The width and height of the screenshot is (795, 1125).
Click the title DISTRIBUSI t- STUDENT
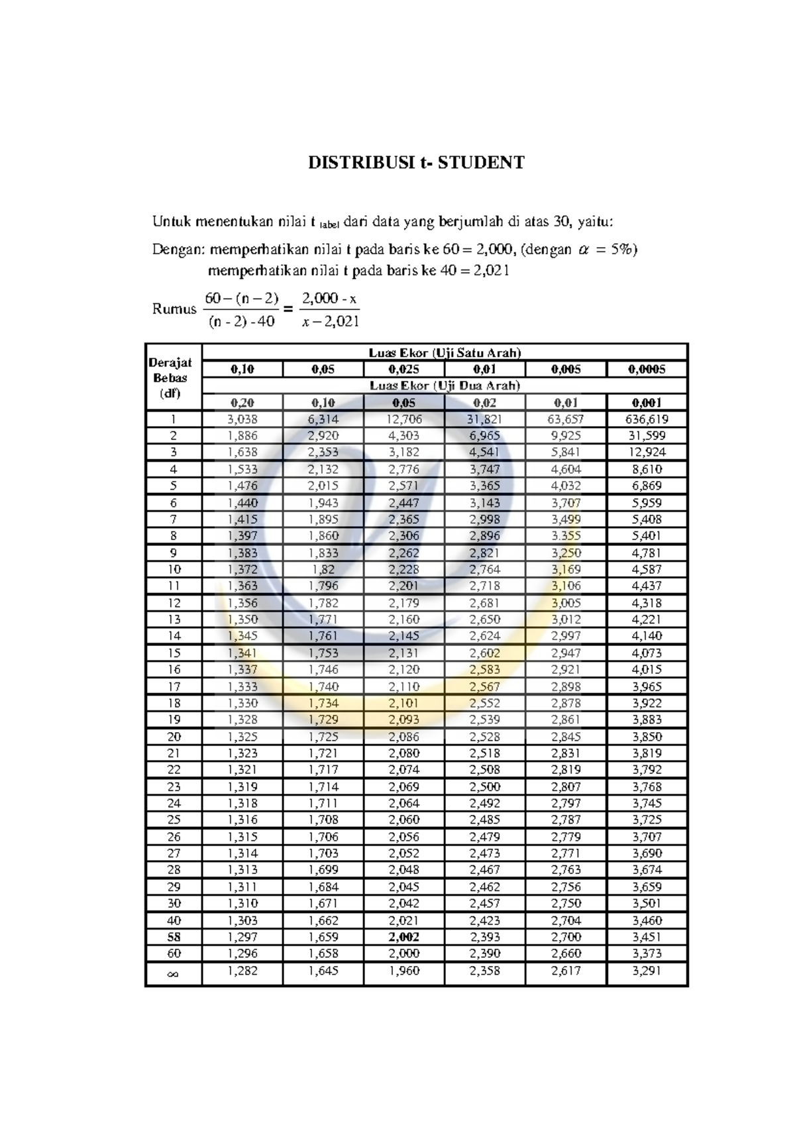click(416, 162)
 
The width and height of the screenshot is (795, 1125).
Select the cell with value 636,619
click(647, 419)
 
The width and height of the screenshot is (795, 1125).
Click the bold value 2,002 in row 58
click(403, 937)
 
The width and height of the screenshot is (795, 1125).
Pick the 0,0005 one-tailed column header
click(647, 369)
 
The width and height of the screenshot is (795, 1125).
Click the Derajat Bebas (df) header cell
click(170, 378)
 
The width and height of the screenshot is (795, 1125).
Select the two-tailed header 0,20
click(242, 402)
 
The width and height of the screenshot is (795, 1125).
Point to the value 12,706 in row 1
click(403, 419)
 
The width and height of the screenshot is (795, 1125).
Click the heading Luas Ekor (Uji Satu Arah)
click(445, 353)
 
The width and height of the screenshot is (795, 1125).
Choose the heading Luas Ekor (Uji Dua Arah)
click(445, 386)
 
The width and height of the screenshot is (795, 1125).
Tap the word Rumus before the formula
click(174, 309)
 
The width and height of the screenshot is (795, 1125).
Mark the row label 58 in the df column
click(174, 937)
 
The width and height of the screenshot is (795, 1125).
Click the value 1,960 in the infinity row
click(403, 971)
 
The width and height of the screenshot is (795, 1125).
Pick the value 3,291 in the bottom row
click(647, 971)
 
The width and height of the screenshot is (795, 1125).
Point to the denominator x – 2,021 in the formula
click(330, 322)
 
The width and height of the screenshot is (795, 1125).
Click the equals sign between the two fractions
click(288, 309)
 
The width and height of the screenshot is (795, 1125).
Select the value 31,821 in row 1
click(484, 419)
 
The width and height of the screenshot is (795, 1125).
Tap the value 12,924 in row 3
click(647, 452)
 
